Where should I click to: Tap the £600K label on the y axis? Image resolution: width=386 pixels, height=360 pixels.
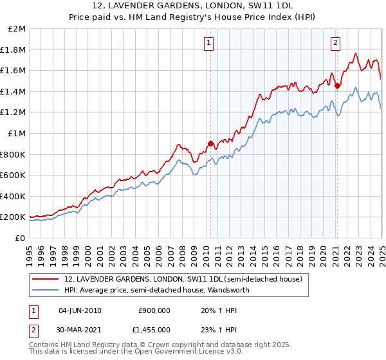coord(13,175)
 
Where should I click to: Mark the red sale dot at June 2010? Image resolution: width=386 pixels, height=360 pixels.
coord(210,144)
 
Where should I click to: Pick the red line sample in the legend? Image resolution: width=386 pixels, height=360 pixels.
coord(46,280)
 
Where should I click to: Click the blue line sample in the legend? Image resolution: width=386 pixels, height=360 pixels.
coord(46,291)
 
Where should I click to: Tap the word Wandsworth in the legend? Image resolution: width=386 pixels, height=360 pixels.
coord(228,291)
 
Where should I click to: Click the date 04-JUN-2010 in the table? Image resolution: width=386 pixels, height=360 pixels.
coord(80,310)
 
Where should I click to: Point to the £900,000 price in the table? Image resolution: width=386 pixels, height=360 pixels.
coord(154,310)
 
